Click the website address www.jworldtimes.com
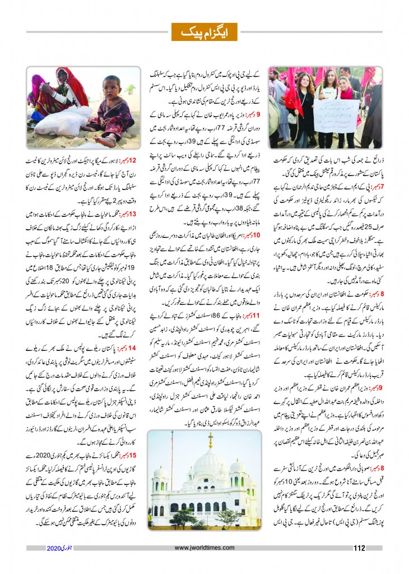coord(204,548)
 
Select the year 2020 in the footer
coord(57,548)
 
